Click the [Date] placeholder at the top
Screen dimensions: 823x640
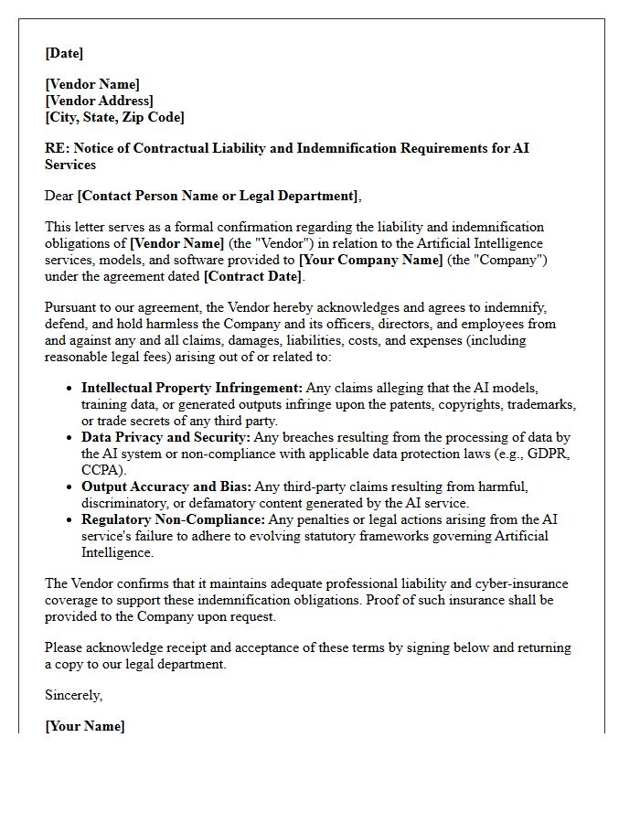pyautogui.click(x=64, y=53)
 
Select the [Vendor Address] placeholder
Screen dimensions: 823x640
pyautogui.click(x=99, y=101)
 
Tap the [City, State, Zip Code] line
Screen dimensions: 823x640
pyautogui.click(x=114, y=117)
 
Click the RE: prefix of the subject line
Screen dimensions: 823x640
pyautogui.click(x=56, y=148)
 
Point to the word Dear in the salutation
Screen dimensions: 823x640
pyautogui.click(x=59, y=195)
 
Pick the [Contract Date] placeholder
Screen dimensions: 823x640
pyautogui.click(x=252, y=276)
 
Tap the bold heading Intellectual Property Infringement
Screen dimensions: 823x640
pyautogui.click(x=192, y=388)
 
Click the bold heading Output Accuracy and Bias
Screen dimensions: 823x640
pyautogui.click(x=166, y=486)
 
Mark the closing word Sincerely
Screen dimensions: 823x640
pyautogui.click(x=73, y=695)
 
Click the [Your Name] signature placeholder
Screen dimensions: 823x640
pyautogui.click(x=85, y=726)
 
